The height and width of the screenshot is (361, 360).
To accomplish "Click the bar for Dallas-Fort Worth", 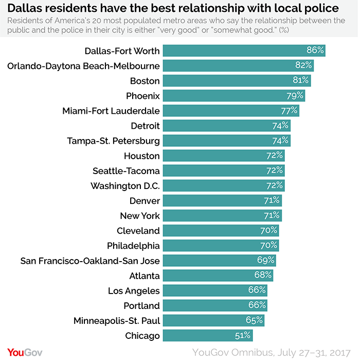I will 244,50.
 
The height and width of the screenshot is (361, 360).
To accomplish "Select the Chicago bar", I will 208,336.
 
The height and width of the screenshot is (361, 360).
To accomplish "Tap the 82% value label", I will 304,65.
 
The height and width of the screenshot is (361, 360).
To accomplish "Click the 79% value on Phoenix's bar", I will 295,96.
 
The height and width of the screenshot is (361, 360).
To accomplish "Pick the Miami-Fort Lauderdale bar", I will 230,111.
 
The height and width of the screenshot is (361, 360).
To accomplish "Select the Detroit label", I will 146,126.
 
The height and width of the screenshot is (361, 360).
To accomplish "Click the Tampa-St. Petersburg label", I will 114,141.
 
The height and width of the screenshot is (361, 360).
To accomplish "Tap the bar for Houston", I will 223,156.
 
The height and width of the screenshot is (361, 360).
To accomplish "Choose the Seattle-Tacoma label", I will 126,170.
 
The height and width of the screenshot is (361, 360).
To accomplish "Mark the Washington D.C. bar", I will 223,185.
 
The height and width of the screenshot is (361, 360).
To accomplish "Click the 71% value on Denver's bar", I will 273,201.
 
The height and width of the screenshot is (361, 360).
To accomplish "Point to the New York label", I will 140,216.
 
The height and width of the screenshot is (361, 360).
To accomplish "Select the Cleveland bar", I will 221,231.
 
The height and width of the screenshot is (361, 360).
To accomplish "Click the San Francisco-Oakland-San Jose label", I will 90,261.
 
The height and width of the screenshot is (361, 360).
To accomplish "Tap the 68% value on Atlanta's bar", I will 264,276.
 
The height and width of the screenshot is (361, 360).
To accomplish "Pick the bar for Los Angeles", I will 215,290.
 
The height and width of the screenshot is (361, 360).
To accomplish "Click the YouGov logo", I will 24,352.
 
